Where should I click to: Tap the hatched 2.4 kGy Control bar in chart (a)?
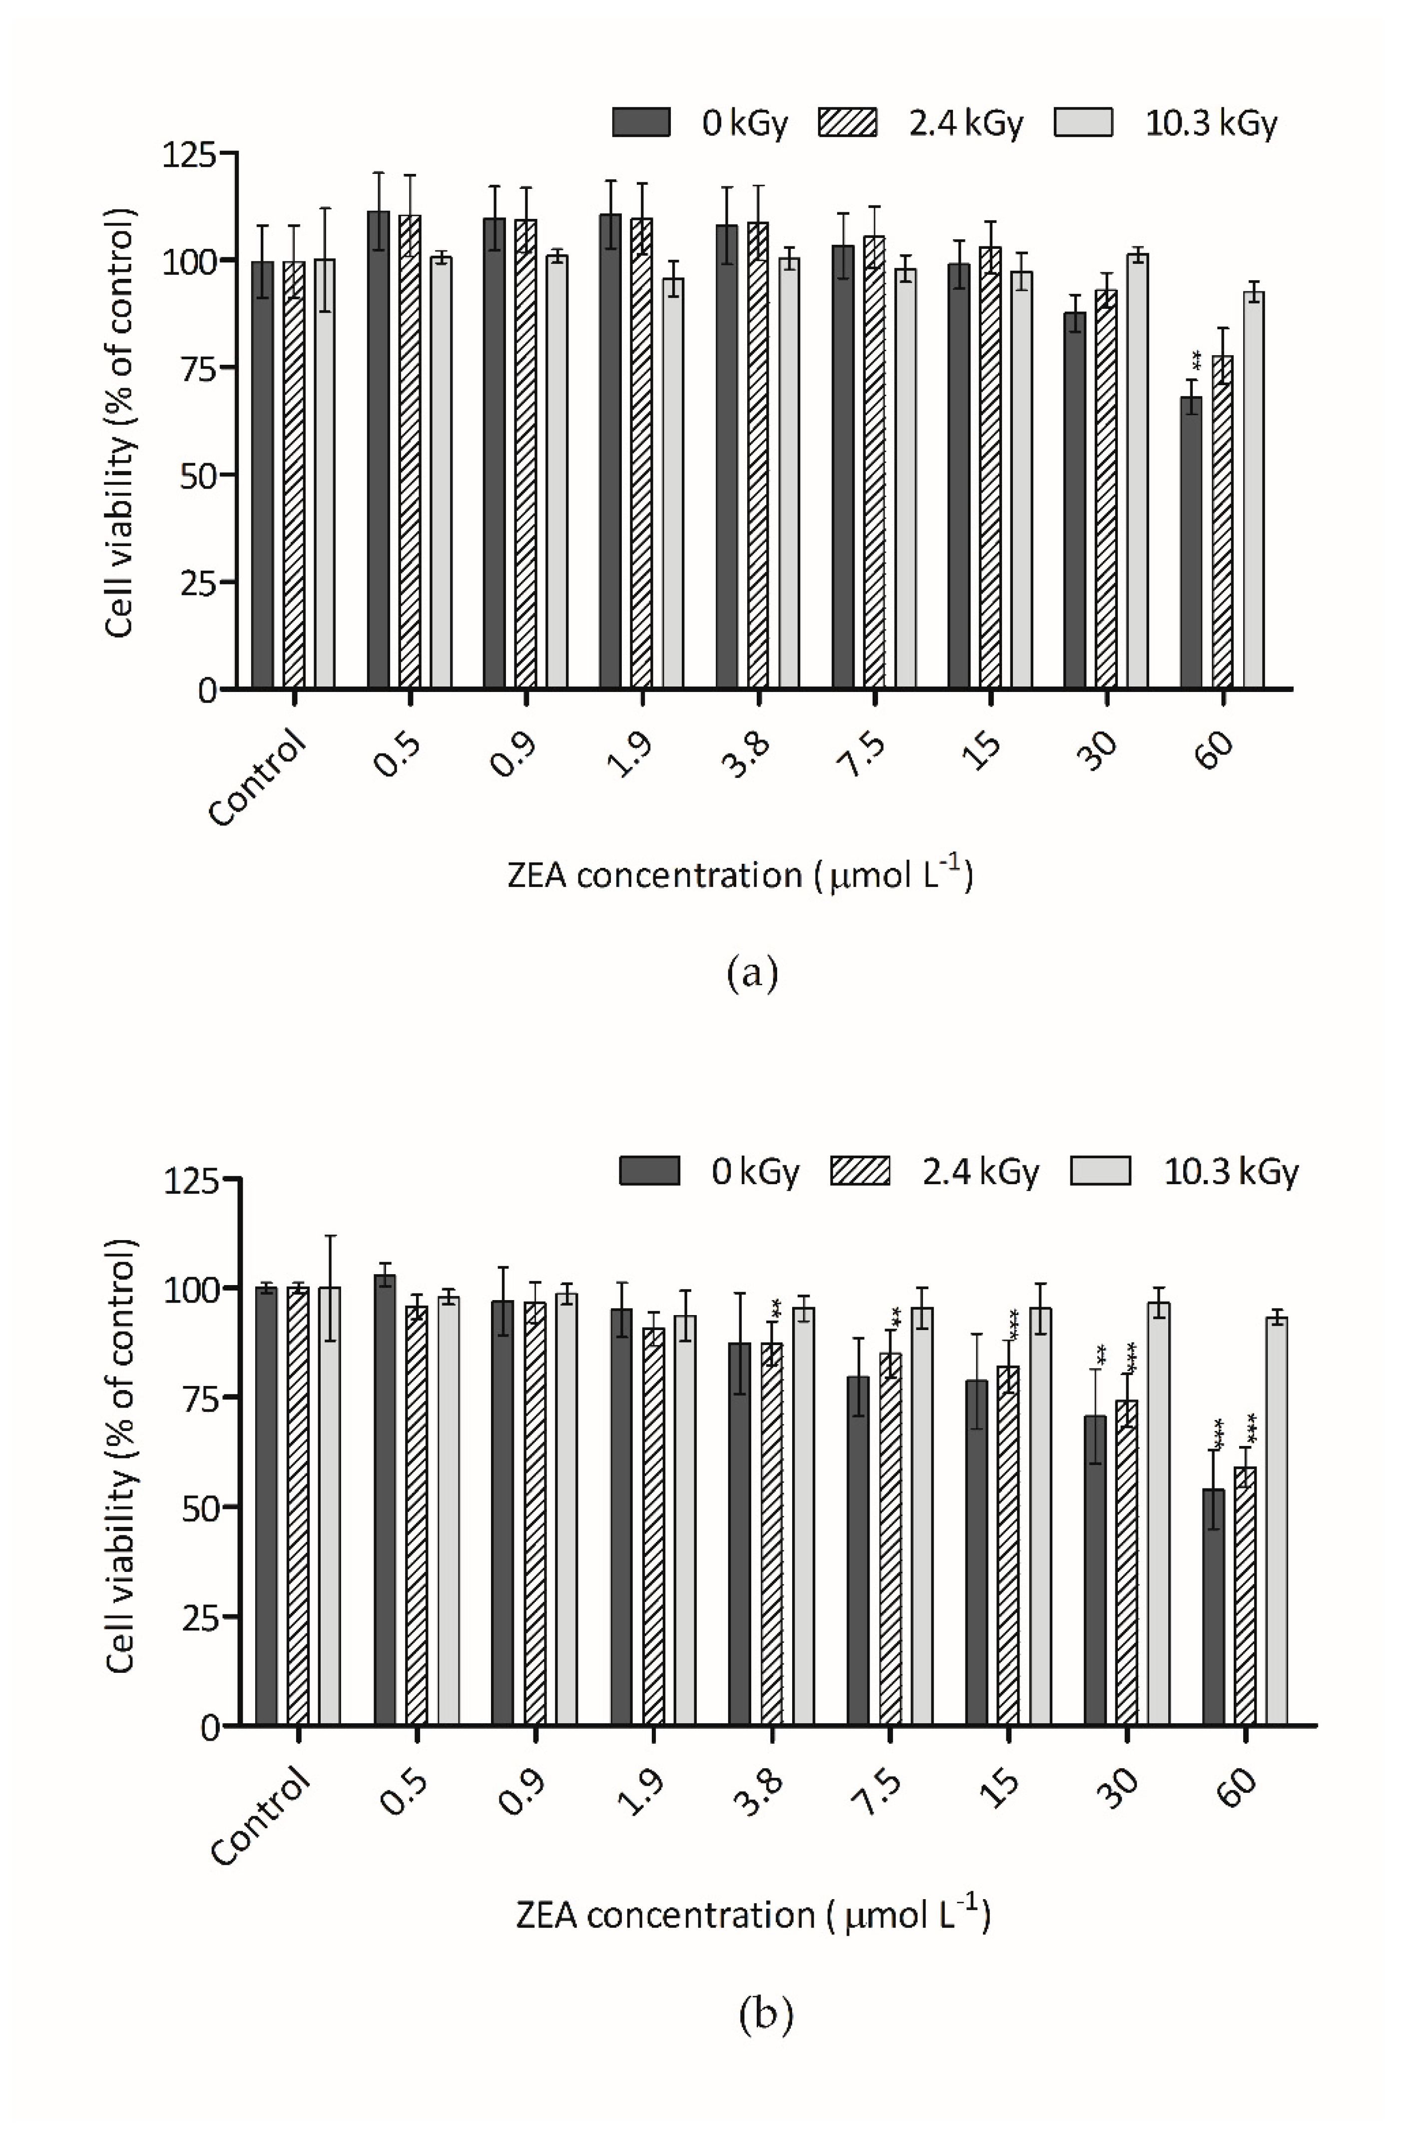pos(294,476)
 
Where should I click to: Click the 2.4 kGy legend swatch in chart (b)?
pos(860,1171)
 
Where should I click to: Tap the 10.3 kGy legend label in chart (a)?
pos(1210,123)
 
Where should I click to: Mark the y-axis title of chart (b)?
pos(119,1455)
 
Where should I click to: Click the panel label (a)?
pos(751,972)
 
